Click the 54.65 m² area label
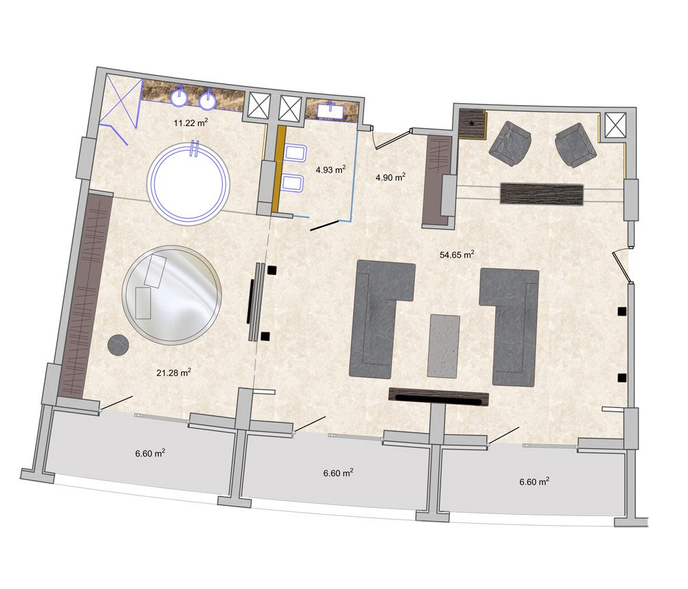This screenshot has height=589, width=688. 457,254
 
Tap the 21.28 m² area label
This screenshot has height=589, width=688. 174,373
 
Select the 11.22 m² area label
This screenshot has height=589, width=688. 191,122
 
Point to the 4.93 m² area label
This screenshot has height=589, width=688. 331,169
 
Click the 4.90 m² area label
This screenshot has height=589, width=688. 391,178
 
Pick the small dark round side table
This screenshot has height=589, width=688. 118,345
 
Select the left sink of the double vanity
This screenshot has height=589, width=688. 180,98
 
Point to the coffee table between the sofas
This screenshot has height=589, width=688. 444,345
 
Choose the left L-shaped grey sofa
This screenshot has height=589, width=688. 382,319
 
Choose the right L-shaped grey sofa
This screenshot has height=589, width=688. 509,327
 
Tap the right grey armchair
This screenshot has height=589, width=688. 576,144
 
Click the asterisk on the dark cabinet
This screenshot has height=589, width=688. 472,123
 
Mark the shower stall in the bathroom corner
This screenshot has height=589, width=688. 119,109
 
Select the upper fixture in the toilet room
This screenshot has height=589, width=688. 295,153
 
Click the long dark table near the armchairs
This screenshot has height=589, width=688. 542,194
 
